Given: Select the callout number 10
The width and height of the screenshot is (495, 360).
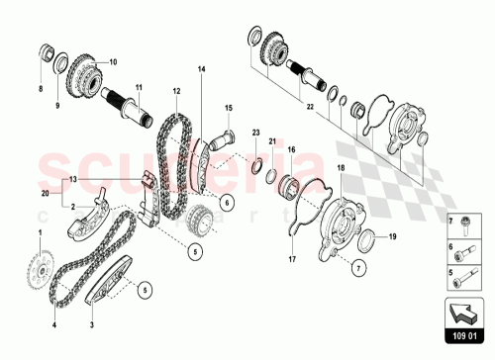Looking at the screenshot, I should click(112, 61).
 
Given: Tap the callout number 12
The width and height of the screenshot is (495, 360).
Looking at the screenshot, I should click(176, 90).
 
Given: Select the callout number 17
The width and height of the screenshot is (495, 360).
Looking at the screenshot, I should click(293, 260).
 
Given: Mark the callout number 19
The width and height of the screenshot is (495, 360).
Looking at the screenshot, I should click(391, 236).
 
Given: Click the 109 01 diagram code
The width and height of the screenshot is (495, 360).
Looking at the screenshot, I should click(455, 346).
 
